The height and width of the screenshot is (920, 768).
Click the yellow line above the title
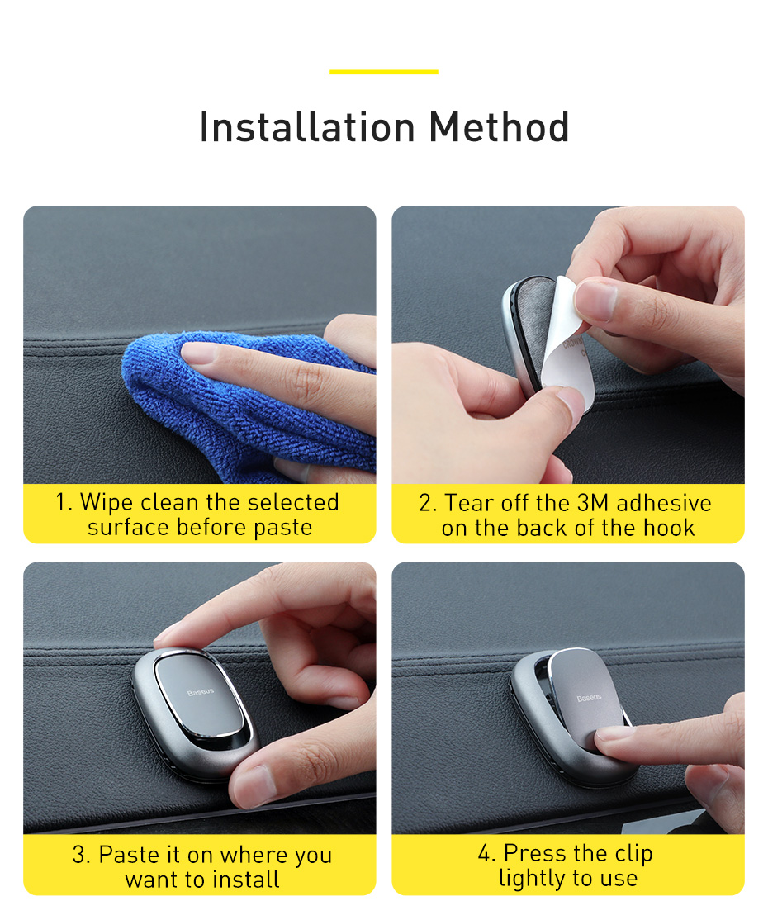point(384,72)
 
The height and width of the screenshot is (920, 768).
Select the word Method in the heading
point(500,126)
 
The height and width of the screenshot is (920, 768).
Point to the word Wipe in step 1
point(107,502)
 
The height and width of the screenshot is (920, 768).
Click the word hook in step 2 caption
point(669,528)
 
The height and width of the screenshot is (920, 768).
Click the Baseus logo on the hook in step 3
point(201,692)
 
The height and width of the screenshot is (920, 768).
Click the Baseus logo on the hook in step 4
point(589,698)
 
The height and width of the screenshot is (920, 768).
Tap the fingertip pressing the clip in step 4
point(610,741)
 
